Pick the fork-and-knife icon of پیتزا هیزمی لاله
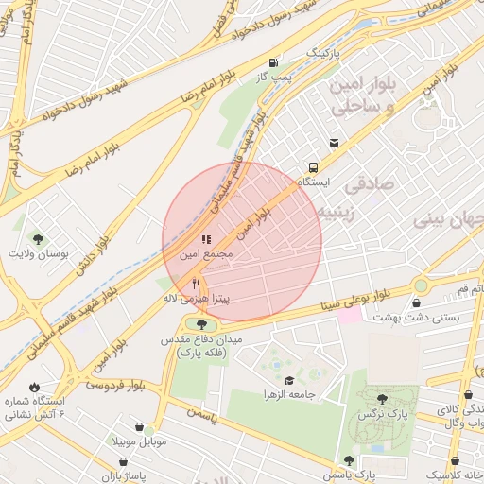[x=196, y=283]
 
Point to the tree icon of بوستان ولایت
[x=38, y=238]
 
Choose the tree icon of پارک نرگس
[x=381, y=399]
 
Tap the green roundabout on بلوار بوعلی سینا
[x=421, y=285]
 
